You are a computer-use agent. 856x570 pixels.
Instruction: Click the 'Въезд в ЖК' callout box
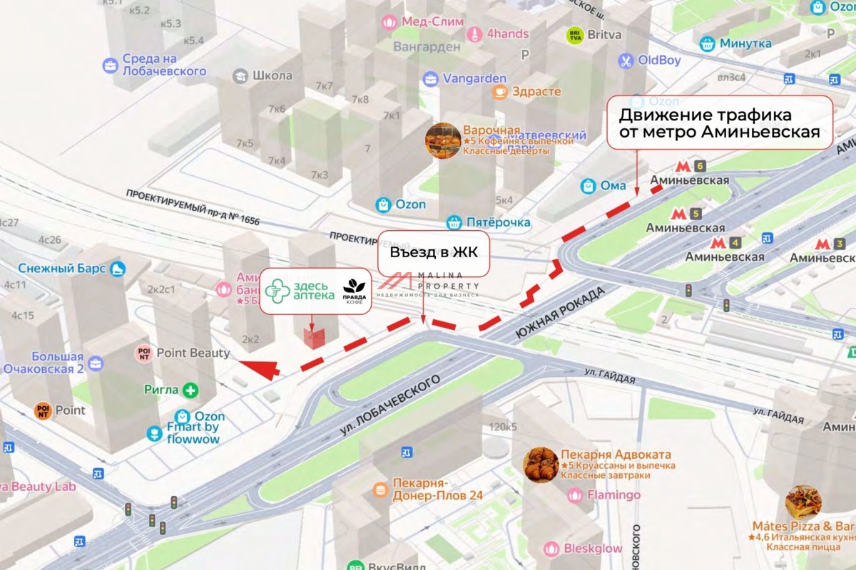click(x=434, y=253)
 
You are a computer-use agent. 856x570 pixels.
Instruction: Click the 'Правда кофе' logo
click(x=355, y=291)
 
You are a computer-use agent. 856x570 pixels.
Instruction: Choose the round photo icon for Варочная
click(x=442, y=140)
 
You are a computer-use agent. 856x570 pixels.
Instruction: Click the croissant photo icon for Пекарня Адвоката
click(x=541, y=465)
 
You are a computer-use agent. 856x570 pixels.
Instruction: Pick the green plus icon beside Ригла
click(x=190, y=390)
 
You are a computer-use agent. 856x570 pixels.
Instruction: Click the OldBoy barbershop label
click(x=658, y=61)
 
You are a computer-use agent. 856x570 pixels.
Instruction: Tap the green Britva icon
click(x=574, y=34)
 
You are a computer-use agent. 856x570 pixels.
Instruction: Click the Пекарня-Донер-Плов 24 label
click(x=437, y=489)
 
